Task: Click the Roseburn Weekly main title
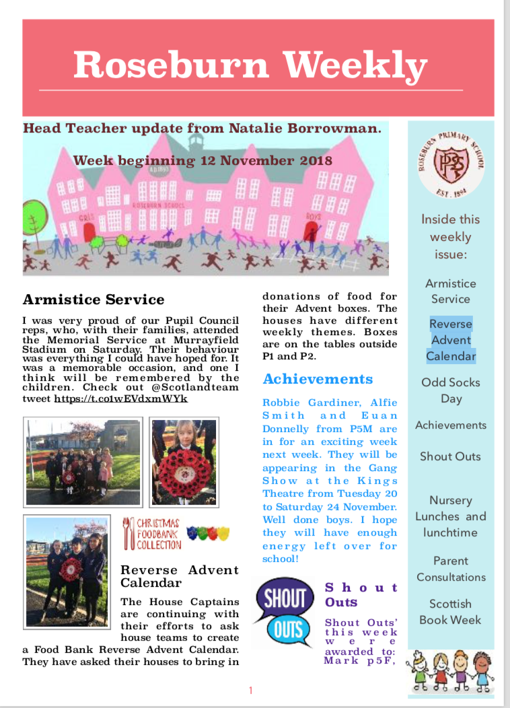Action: point(250,65)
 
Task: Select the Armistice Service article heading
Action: point(94,299)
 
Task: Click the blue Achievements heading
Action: point(318,379)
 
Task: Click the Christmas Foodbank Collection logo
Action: point(151,533)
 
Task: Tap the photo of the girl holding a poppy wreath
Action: point(183,462)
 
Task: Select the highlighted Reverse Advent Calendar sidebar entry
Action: point(451,340)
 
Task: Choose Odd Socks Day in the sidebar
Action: point(451,390)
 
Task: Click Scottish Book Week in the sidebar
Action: point(451,612)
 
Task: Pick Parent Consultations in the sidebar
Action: point(451,569)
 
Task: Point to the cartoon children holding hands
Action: point(450,669)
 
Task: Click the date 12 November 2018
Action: point(264,160)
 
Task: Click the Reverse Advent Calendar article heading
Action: point(180,576)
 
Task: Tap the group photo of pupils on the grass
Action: point(83,462)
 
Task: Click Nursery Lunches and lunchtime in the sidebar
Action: point(451,516)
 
